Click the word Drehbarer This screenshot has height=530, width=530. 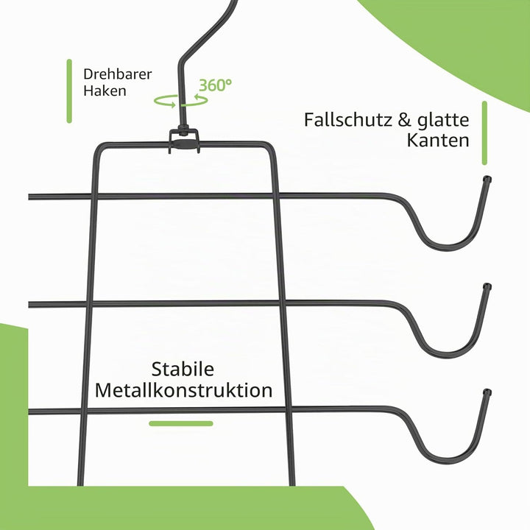click(118, 74)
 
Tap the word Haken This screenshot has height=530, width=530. click(105, 91)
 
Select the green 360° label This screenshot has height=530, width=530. click(215, 85)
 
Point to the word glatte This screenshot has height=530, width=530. click(443, 121)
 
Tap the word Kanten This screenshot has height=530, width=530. click(438, 141)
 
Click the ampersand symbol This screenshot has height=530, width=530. click(404, 120)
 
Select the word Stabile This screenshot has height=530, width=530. click(183, 369)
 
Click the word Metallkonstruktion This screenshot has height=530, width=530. click(183, 390)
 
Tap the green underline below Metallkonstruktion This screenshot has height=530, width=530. click(181, 423)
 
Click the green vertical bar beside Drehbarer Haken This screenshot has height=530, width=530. click(69, 91)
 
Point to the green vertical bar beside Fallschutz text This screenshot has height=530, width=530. click(484, 132)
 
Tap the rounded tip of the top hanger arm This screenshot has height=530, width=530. click(487, 179)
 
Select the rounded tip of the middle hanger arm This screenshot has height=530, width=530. click(487, 286)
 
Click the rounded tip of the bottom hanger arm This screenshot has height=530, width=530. click(487, 392)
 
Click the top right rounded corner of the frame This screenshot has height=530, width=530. click(269, 146)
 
